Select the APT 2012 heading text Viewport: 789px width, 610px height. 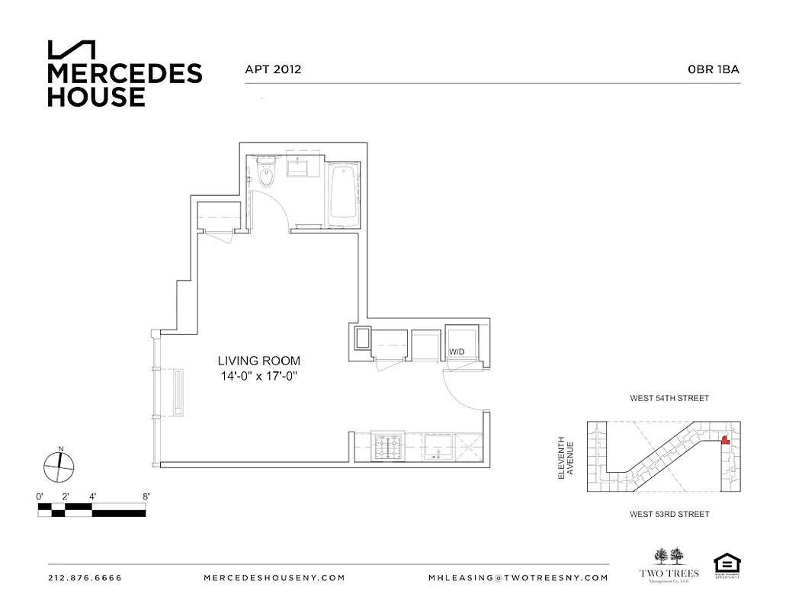272,69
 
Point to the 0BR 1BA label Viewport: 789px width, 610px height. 714,69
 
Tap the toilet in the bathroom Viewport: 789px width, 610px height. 266,175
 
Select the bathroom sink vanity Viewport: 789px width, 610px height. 297,168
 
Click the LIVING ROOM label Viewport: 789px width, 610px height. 258,361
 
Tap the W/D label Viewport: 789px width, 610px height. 456,352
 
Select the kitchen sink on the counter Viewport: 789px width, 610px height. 437,445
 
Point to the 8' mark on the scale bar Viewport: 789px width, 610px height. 145,496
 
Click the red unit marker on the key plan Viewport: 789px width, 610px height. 724,438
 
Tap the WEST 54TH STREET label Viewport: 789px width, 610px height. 669,399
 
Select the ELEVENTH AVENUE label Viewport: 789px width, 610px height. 566,457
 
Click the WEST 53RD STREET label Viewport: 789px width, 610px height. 669,515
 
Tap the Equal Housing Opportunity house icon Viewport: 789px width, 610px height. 723,564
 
